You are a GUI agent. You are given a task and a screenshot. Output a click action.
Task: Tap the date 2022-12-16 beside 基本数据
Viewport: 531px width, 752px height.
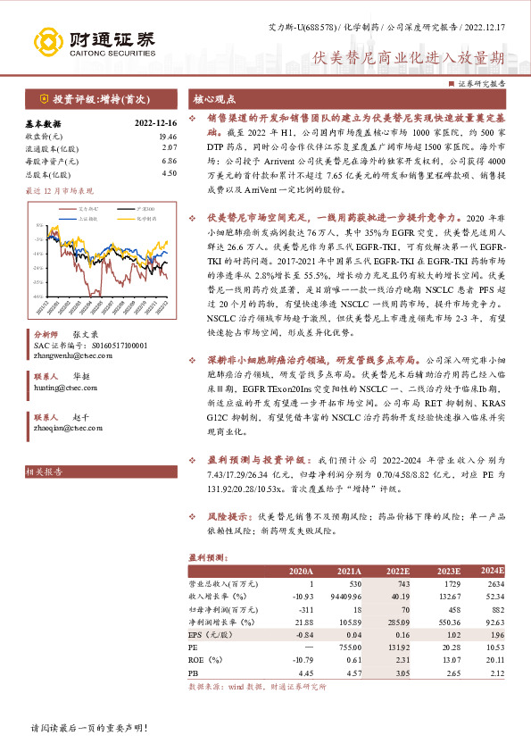(x=155, y=124)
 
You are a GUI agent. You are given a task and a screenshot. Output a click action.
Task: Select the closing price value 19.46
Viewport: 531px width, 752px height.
(x=168, y=137)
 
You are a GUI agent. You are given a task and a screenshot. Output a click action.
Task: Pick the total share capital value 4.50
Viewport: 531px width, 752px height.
(x=170, y=174)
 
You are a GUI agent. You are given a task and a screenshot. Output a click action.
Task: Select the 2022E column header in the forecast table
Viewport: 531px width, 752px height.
(x=396, y=570)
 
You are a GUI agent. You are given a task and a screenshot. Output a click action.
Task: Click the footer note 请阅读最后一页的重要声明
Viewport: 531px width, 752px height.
(x=88, y=728)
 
